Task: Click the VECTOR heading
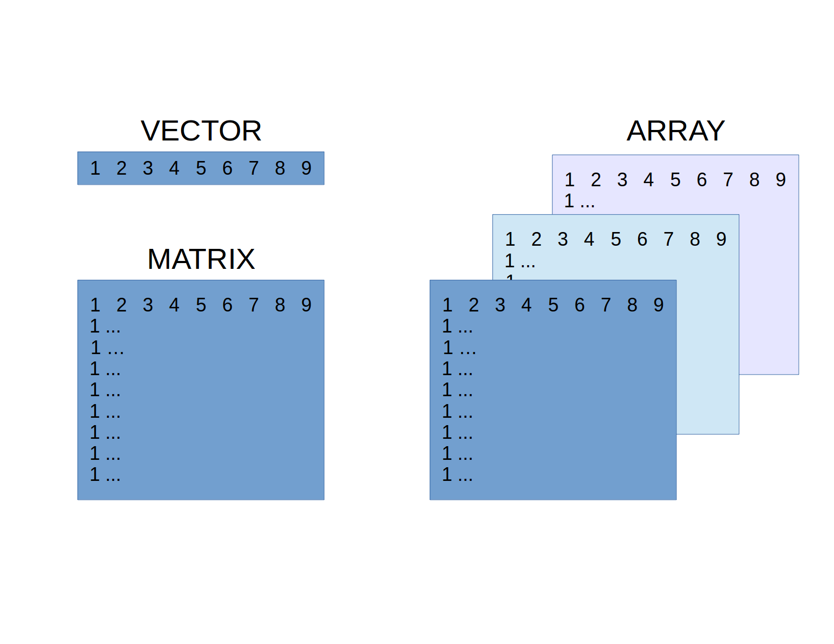(201, 131)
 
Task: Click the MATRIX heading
(201, 259)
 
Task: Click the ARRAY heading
(676, 131)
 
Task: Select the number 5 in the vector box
(201, 168)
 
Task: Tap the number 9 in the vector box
(306, 168)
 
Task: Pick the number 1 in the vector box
(95, 168)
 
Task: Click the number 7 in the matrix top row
(253, 305)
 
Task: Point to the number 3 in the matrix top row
(147, 305)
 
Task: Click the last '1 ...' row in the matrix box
(105, 475)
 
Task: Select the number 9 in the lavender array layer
(781, 180)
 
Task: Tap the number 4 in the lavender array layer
(649, 180)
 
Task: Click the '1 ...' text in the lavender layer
(579, 201)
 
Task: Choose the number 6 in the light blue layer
(642, 239)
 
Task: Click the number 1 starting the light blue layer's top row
(510, 239)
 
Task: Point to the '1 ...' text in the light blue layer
(520, 261)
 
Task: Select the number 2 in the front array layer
(473, 305)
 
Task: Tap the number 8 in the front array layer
(632, 305)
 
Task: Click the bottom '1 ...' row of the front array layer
(457, 475)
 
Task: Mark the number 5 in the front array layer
(553, 305)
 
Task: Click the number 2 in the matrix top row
(121, 305)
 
